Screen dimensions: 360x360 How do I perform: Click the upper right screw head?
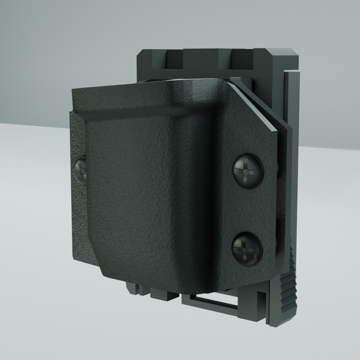tap(248, 171)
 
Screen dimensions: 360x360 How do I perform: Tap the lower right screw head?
tap(247, 249)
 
